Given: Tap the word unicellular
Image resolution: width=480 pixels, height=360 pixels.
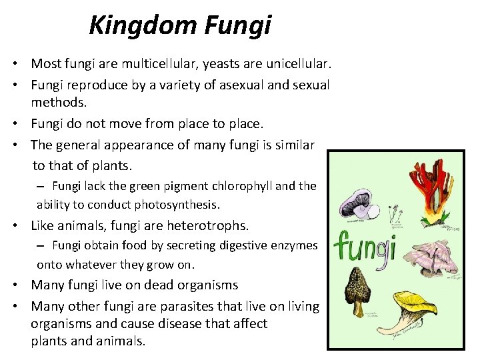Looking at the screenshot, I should tap(293, 64).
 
